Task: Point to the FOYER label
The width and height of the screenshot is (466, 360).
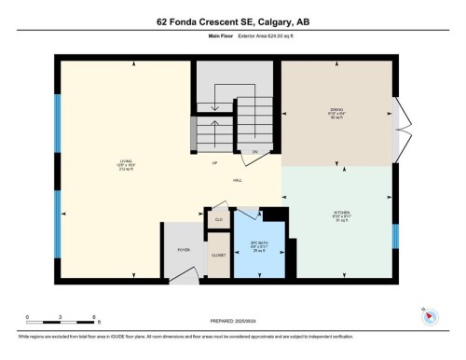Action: (184, 250)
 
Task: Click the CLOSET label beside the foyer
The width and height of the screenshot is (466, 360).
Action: (217, 253)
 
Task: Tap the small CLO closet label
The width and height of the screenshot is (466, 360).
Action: (219, 220)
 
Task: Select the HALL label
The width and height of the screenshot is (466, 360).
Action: (238, 180)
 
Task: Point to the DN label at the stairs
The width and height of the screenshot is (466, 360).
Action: (254, 151)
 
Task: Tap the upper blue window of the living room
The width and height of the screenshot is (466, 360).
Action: (58, 118)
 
